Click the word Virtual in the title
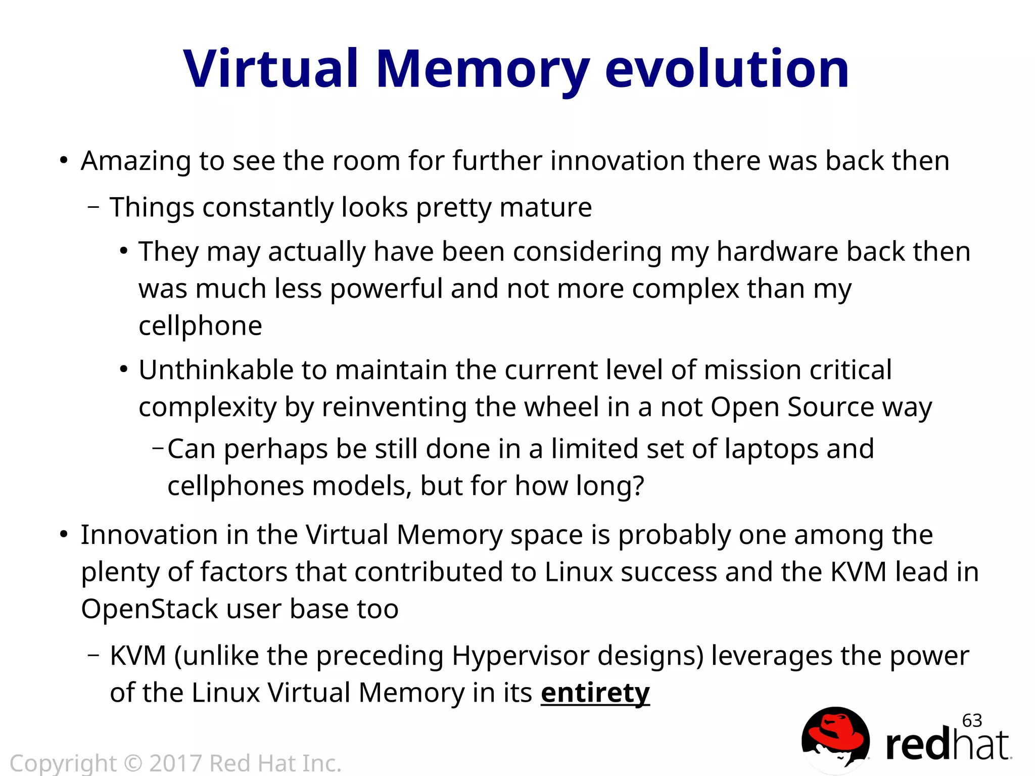(271, 69)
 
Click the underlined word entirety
(595, 693)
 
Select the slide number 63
(972, 720)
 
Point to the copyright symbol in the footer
(133, 763)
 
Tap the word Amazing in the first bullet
(135, 162)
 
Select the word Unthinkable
(215, 370)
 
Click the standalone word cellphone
(200, 326)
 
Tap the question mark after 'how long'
(638, 486)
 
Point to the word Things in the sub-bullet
(152, 208)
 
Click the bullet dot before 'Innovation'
(63, 535)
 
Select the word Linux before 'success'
(578, 572)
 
